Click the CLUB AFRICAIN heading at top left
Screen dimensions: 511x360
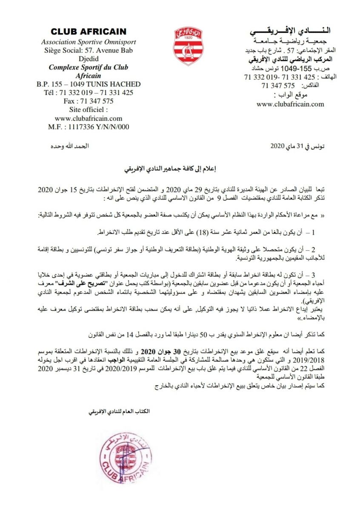click(x=89, y=32)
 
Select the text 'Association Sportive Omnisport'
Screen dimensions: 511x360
click(x=89, y=42)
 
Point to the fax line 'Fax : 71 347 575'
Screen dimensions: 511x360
click(x=89, y=101)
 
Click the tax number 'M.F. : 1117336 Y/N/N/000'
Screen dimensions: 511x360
click(x=89, y=126)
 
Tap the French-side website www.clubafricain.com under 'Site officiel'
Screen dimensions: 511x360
click(x=89, y=118)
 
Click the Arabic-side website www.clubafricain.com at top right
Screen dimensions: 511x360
click(x=290, y=104)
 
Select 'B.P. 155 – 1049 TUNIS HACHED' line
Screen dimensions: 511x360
click(x=89, y=84)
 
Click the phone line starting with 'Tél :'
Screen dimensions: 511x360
click(x=89, y=92)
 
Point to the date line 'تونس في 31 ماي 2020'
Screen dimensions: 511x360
click(x=297, y=146)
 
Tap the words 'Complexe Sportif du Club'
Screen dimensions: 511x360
click(x=89, y=67)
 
